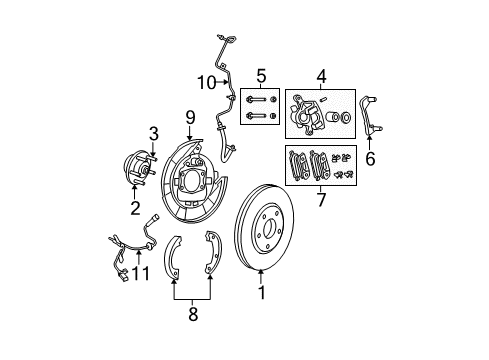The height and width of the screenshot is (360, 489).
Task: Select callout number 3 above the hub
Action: click(x=154, y=133)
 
